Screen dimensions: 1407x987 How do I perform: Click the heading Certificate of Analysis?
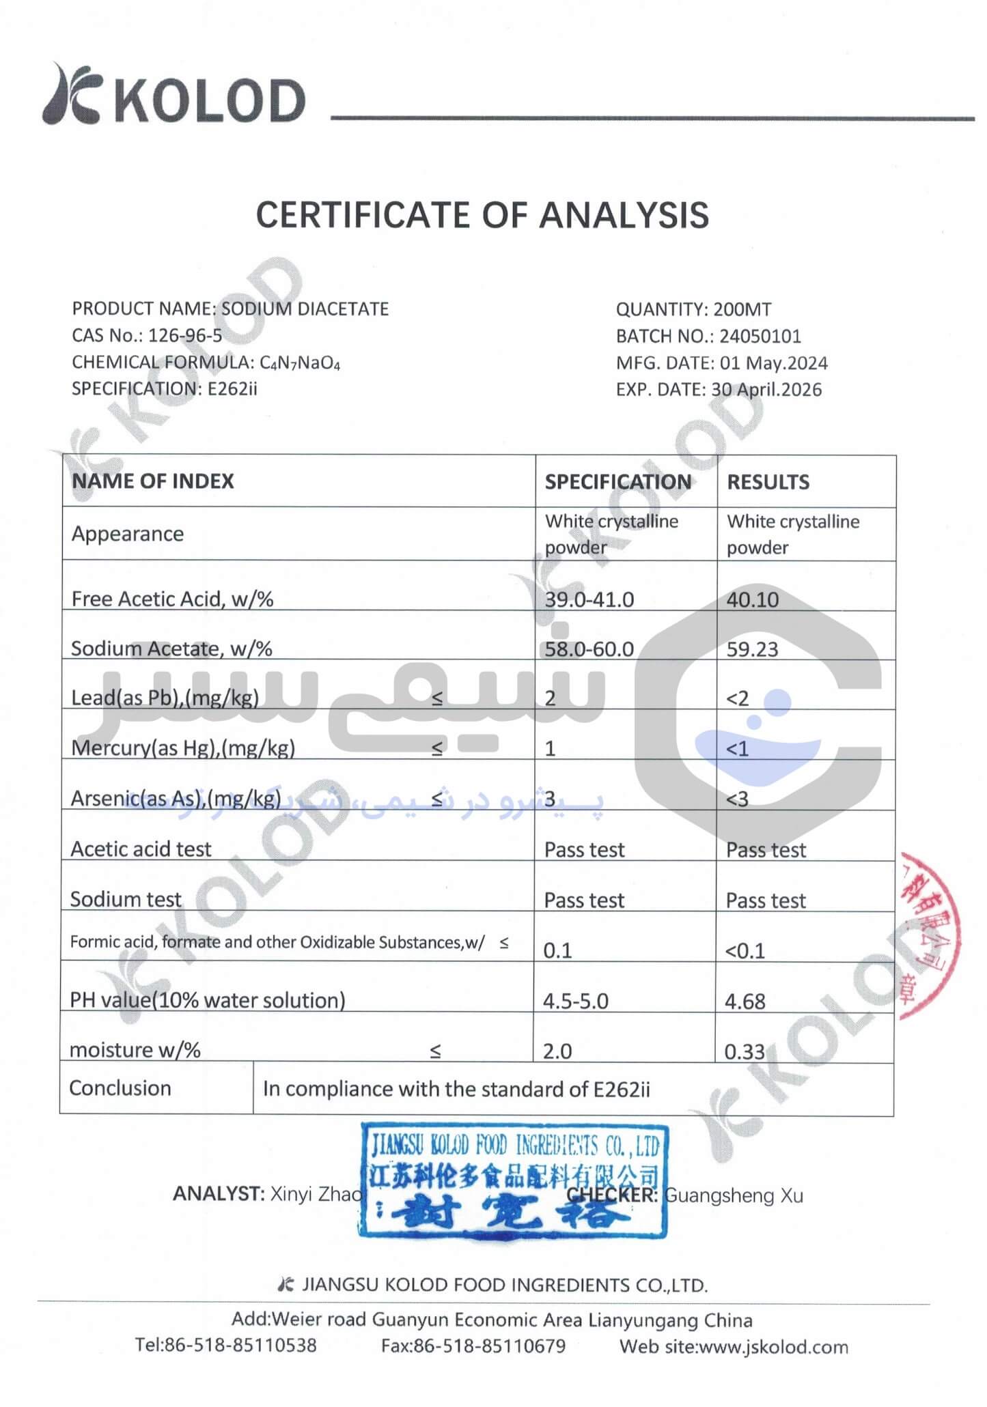482,215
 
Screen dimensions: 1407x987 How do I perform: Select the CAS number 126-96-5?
185,336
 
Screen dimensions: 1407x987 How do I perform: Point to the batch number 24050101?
760,336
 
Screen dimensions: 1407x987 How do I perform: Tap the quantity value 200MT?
742,309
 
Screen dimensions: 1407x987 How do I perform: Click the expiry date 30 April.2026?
766,390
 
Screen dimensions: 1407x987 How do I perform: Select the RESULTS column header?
768,482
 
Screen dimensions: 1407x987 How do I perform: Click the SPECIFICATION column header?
617,482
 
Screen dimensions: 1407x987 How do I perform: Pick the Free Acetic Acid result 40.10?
752,599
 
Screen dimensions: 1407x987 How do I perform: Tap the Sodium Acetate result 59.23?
752,649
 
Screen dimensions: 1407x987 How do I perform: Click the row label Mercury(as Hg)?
182,748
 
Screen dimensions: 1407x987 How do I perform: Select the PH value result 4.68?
745,1001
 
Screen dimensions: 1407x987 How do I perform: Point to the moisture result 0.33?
745,1051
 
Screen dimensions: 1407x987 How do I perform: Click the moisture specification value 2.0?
557,1051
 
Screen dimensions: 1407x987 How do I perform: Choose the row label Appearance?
128,534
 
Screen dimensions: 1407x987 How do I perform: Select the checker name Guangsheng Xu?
734,1195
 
